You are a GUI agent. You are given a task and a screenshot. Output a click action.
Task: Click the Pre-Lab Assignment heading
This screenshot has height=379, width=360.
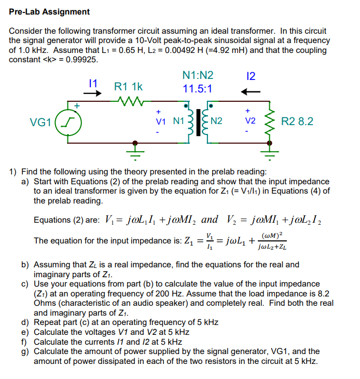[49, 11]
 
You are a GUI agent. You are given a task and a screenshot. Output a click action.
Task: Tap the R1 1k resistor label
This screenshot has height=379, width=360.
[128, 86]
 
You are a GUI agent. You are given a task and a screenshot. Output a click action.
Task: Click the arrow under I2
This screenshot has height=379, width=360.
[251, 92]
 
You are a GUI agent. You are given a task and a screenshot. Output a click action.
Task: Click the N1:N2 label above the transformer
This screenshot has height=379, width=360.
[198, 75]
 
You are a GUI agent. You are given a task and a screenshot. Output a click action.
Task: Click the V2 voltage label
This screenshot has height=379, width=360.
[250, 121]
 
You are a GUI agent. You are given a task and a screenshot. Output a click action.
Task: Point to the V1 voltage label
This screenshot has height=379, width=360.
[160, 121]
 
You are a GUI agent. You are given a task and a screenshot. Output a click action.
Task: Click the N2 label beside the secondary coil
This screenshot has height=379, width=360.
[217, 121]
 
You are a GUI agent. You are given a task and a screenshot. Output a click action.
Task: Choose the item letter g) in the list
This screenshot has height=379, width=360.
[25, 351]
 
